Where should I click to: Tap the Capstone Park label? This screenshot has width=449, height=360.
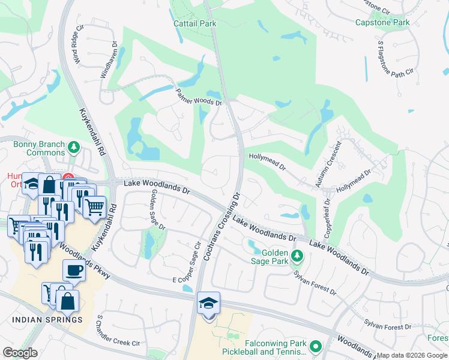click(382, 22)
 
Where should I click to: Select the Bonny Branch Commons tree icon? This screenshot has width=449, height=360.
click(74, 147)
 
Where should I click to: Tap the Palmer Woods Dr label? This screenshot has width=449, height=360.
click(199, 97)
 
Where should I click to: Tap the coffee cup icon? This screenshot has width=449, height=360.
click(74, 270)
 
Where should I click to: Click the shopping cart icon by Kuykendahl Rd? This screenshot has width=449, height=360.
click(94, 207)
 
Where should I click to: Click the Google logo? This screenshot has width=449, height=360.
click(20, 353)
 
